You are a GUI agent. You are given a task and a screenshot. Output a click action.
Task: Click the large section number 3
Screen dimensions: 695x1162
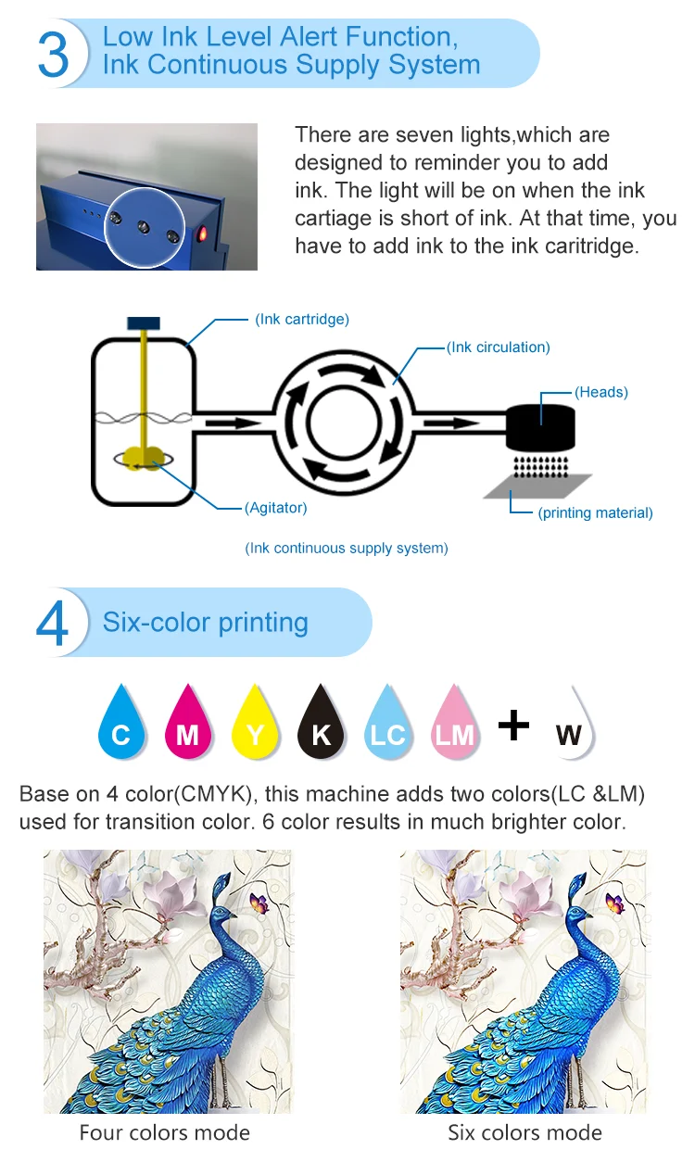(53, 55)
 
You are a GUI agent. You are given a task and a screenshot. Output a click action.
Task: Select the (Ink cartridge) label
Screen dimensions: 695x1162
(302, 320)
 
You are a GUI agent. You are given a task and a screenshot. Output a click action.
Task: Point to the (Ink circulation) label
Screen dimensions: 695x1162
(499, 347)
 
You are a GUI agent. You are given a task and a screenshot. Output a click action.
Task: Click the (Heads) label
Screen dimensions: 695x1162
(601, 392)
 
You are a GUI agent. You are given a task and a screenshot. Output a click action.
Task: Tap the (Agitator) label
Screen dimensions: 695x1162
(276, 508)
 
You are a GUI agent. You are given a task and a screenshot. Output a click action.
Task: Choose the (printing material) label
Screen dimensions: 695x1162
(595, 512)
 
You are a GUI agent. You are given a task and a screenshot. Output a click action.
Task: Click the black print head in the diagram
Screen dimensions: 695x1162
(541, 427)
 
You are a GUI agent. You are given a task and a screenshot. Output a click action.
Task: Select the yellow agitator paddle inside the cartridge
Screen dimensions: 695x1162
(142, 456)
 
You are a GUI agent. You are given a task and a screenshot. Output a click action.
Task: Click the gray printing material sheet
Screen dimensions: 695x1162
(538, 486)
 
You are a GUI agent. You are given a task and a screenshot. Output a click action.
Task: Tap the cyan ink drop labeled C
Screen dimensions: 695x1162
(121, 725)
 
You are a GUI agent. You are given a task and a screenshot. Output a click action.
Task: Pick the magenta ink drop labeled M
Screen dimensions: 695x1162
(187, 725)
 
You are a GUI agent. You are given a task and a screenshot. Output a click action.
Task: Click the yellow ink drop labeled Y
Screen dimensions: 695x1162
(255, 725)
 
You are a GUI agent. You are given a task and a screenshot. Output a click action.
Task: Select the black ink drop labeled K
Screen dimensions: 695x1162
(321, 725)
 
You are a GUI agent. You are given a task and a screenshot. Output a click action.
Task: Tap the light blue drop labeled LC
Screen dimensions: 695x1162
(387, 725)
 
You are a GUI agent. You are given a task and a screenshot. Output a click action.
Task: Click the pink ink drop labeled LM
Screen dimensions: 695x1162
(454, 725)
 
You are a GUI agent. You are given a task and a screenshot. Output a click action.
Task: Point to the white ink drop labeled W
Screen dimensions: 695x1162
(569, 726)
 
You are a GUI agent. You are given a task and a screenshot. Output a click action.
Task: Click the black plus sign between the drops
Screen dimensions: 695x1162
(513, 724)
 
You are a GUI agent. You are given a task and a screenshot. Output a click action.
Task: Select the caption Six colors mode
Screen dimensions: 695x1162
(524, 1132)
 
